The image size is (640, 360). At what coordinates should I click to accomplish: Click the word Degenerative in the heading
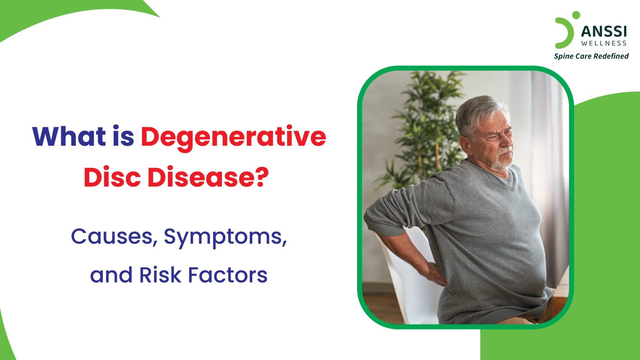233,137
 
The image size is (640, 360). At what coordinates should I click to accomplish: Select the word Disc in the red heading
112,177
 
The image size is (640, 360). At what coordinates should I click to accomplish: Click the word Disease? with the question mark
208,177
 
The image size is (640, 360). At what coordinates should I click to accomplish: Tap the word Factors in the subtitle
227,275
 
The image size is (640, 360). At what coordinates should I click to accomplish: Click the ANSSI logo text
604,32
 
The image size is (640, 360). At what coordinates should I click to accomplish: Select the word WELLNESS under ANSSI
604,43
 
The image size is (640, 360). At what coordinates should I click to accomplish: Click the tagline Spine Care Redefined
591,56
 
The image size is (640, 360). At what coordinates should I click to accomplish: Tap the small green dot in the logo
576,15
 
